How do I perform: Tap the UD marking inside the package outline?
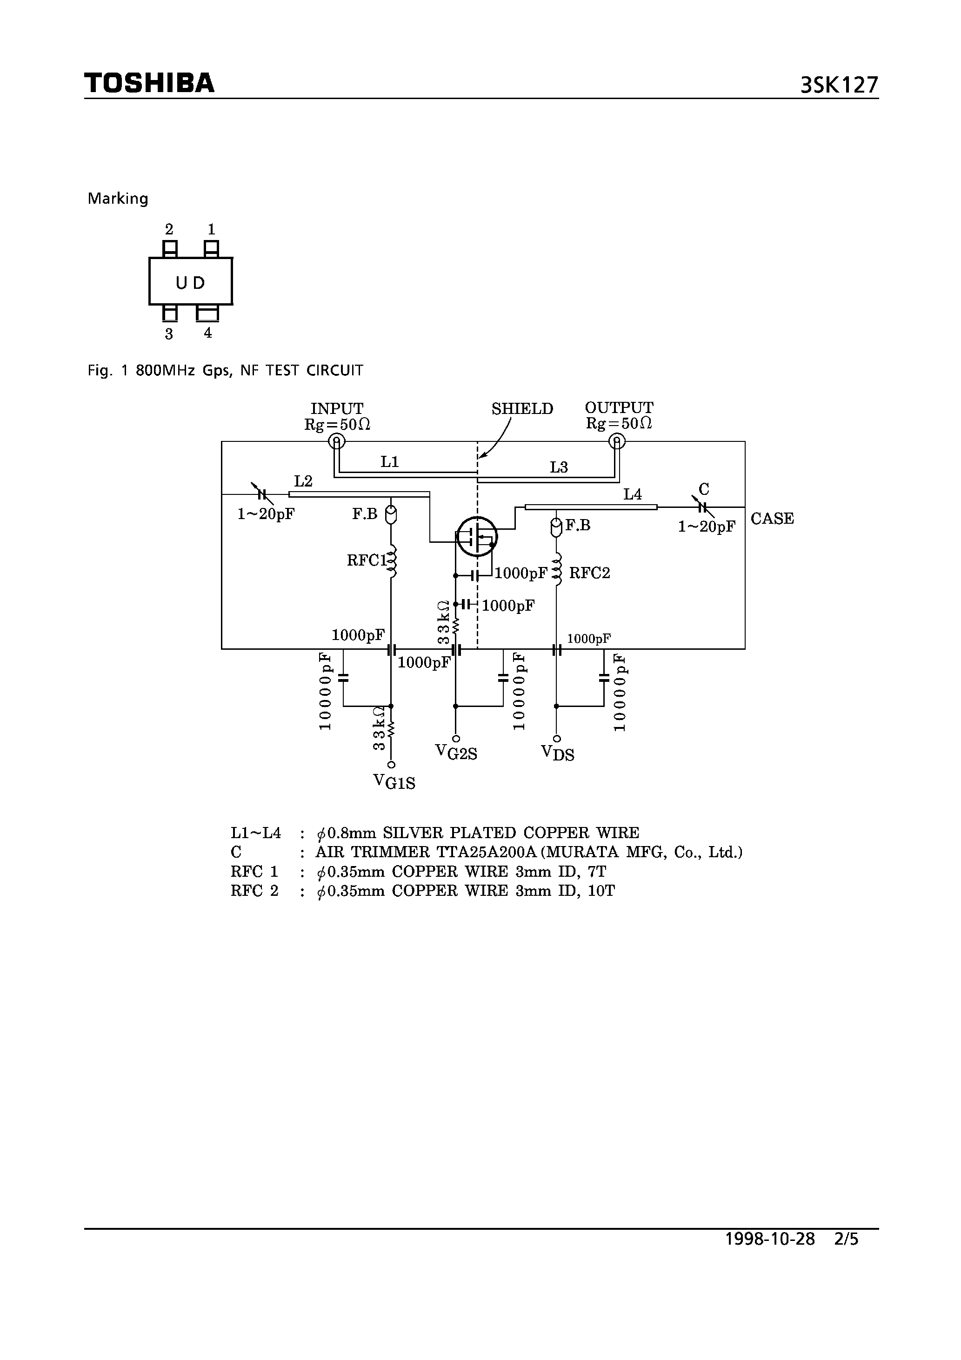(x=190, y=283)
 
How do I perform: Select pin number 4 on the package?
(x=207, y=333)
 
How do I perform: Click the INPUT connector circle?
(x=336, y=441)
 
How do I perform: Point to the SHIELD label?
(x=522, y=409)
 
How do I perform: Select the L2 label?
(x=303, y=481)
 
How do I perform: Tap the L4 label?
(x=632, y=494)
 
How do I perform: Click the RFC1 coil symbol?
(x=392, y=561)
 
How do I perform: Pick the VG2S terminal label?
(x=456, y=752)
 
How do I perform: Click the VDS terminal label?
(x=558, y=753)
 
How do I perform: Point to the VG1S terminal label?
(x=394, y=782)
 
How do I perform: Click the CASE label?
(x=772, y=518)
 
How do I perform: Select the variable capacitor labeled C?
(x=702, y=507)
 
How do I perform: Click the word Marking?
(x=118, y=199)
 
